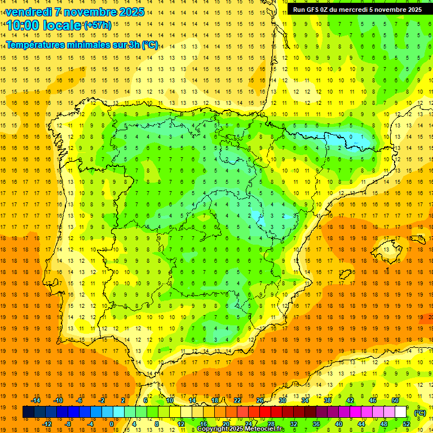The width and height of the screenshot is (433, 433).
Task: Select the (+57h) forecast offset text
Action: pos(97,25)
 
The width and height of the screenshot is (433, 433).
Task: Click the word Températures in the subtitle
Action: pos(37,45)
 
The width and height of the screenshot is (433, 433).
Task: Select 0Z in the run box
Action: pos(326,10)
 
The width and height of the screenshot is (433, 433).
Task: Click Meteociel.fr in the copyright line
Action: pos(266,429)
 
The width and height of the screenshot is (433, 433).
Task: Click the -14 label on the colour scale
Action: pos(36,400)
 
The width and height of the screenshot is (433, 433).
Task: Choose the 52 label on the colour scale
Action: pos(407,424)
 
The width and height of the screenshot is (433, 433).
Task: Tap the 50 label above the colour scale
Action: pos(395,400)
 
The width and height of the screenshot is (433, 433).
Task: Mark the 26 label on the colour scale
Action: pos(260,400)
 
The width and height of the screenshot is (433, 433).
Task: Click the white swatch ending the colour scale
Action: pos(401,412)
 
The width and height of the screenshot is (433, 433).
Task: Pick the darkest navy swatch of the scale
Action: pos(28,412)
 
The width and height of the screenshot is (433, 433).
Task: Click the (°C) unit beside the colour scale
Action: pos(420,412)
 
